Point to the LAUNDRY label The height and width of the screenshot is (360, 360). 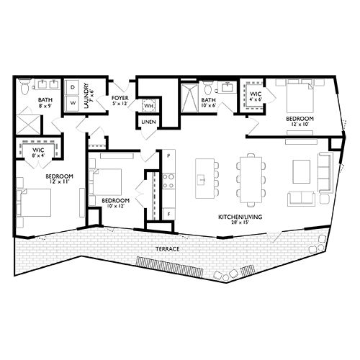[x=86, y=94]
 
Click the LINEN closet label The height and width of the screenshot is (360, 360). [x=149, y=122]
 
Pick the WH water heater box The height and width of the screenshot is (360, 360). [x=149, y=107]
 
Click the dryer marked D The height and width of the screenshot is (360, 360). [x=73, y=87]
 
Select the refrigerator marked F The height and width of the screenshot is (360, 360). [x=168, y=213]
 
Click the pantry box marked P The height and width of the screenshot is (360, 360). [x=167, y=155]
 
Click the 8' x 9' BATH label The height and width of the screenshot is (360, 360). [x=45, y=102]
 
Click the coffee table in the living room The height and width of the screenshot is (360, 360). [x=301, y=170]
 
